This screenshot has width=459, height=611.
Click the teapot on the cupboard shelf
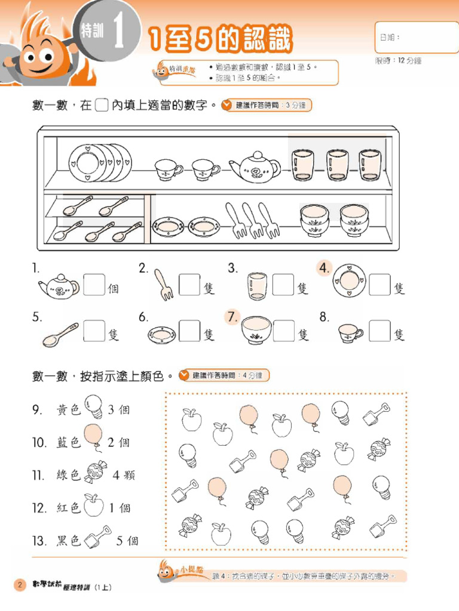click(x=255, y=167)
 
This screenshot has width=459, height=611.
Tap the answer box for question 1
click(x=94, y=285)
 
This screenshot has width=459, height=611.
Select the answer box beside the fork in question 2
click(x=189, y=285)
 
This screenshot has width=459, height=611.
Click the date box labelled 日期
click(x=416, y=38)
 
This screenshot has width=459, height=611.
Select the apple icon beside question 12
click(x=93, y=505)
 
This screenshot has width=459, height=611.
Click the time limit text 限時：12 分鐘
click(x=398, y=61)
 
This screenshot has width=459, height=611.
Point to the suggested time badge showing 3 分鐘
click(x=266, y=106)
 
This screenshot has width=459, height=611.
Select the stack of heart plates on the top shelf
click(x=98, y=162)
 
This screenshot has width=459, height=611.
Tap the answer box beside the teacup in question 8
click(x=380, y=331)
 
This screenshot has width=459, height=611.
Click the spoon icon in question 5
click(x=60, y=335)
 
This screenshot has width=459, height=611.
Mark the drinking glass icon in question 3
click(x=256, y=286)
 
